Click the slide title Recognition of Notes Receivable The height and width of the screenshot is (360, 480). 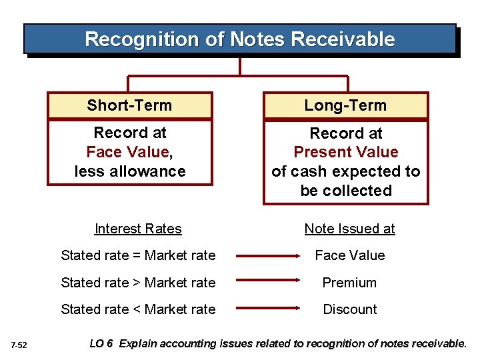pyautogui.click(x=240, y=39)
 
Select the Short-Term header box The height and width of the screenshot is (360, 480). pyautogui.click(x=129, y=105)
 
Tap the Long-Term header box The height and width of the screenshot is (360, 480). pyautogui.click(x=345, y=105)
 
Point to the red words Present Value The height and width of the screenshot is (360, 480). pyautogui.click(x=346, y=152)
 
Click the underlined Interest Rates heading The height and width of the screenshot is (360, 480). pyautogui.click(x=138, y=229)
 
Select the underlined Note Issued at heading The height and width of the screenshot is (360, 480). pyautogui.click(x=349, y=229)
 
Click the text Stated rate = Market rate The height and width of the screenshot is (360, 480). pyautogui.click(x=138, y=255)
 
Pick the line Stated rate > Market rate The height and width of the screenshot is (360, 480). pyautogui.click(x=138, y=283)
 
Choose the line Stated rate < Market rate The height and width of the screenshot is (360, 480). pyautogui.click(x=138, y=309)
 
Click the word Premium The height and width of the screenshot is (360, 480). pyautogui.click(x=349, y=283)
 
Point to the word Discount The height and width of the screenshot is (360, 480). pyautogui.click(x=349, y=309)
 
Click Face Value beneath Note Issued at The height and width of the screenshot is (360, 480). pyautogui.click(x=349, y=255)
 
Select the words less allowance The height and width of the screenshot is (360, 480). pyautogui.click(x=130, y=171)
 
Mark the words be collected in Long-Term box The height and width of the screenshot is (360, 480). pyautogui.click(x=346, y=191)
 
